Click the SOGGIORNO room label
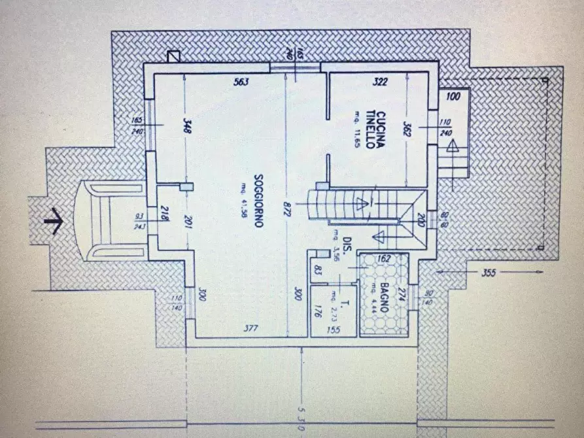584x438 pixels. coord(259,201)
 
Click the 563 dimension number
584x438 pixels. coord(243,82)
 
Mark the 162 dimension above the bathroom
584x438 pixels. coord(384,259)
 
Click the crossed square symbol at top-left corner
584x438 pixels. coord(174,57)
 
